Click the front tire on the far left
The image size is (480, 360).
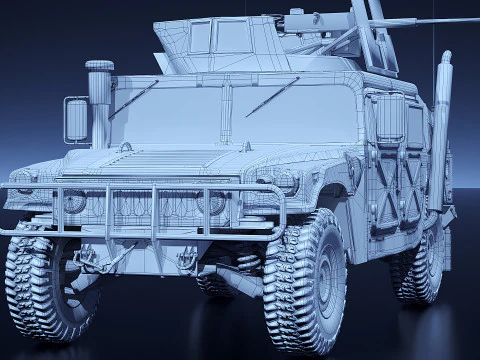(x=45, y=282)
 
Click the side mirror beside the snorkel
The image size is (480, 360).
(x=76, y=119)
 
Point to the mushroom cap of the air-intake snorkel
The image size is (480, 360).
(x=99, y=67)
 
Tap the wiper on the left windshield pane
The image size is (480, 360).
(x=133, y=100)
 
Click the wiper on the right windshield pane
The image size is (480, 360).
(x=271, y=96)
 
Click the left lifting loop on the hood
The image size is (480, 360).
(x=125, y=147)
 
